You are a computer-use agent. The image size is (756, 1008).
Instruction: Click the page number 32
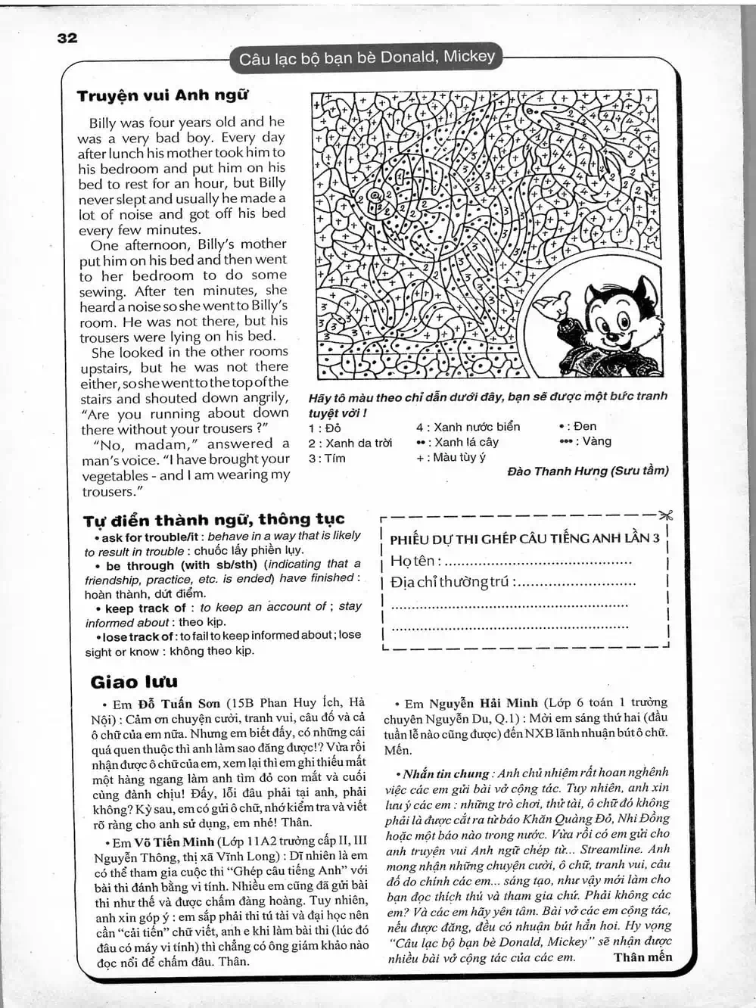coord(67,38)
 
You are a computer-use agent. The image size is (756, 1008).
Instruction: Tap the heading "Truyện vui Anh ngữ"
coord(162,96)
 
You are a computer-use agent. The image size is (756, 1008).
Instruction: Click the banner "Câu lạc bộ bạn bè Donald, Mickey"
coord(366,58)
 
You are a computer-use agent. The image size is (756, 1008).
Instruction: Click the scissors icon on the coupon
coord(665,516)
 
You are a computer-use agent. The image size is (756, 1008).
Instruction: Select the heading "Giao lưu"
coord(134,682)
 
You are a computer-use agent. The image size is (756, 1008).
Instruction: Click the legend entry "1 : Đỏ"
coord(325,428)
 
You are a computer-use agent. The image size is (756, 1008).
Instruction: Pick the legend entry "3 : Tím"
coord(326,458)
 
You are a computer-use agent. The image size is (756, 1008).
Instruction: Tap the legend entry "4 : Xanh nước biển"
coord(468,427)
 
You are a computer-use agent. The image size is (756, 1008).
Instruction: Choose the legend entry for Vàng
coord(584,441)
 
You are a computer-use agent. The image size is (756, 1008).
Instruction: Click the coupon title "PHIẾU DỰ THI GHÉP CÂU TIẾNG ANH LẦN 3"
coord(524,539)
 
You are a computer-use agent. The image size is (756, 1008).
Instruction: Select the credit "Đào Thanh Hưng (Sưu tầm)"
coord(587,471)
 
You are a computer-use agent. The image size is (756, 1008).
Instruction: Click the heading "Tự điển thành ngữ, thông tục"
coord(213,519)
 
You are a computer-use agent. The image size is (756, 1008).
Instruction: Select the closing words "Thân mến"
coord(642,957)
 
